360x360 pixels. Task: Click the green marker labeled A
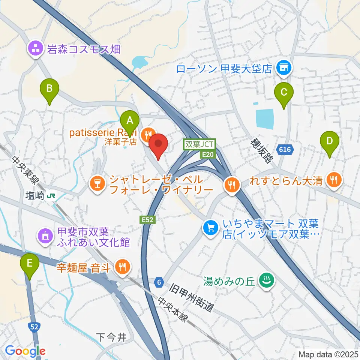tap(130, 121)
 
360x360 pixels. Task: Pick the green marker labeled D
tap(329, 142)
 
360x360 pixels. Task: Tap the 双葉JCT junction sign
tap(199, 144)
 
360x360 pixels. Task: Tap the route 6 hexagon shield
tap(160, 281)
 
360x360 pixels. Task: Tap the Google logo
tap(25, 351)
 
